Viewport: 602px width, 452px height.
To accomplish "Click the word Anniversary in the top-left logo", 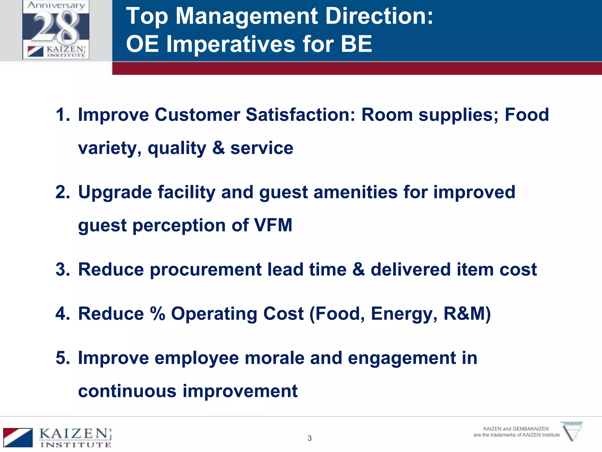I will point(56,5).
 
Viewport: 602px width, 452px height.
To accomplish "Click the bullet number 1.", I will point(62,115).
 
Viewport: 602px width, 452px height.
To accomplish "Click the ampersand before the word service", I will point(218,148).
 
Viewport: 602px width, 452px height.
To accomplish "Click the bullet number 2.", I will point(62,192).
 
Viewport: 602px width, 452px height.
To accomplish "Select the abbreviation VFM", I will point(273,225).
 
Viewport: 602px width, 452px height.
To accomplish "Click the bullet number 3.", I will point(62,270).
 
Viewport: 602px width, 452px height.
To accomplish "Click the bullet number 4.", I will point(62,314).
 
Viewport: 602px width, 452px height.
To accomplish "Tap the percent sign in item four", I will point(158,314).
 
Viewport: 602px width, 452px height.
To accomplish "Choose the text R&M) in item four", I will point(467,314).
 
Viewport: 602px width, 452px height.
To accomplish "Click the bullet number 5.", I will point(62,358).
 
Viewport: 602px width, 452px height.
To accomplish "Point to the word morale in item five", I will point(275,358).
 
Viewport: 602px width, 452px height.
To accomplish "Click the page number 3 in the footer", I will point(310,438).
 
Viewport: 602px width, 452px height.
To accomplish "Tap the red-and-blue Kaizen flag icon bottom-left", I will point(18,438).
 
